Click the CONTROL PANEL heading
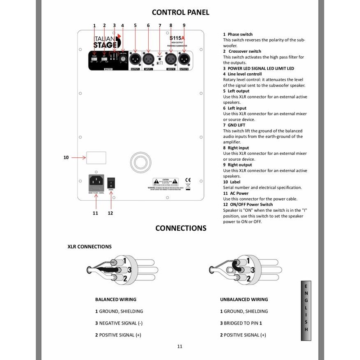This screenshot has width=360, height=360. tap(180, 12)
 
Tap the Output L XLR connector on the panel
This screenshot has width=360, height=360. tap(135, 59)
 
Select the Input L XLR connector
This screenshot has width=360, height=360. tap(148, 59)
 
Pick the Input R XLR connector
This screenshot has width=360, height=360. tap(171, 59)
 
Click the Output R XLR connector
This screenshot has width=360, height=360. tap(184, 59)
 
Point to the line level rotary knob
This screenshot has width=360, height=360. tap(123, 60)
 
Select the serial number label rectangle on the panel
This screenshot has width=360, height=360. tap(96, 157)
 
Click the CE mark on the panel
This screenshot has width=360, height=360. tap(188, 180)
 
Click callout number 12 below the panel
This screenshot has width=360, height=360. tap(110, 213)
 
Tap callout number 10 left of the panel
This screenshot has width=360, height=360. tap(66, 157)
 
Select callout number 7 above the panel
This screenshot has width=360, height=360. tap(160, 26)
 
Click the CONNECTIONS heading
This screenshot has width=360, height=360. tap(180, 228)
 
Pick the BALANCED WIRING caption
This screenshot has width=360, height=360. tap(115, 299)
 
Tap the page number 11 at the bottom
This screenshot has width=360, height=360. tap(180, 346)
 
